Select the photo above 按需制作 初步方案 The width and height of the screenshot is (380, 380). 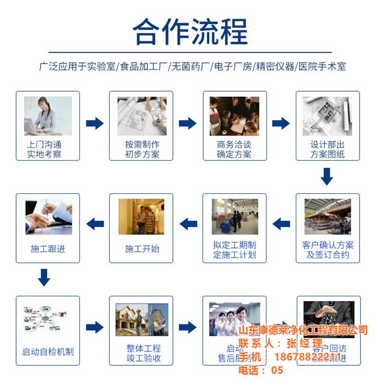click(142, 116)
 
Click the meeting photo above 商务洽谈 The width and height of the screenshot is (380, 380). click(235, 116)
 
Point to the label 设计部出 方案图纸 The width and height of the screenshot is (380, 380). click(328, 149)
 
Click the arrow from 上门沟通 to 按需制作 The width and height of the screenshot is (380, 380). click(95, 123)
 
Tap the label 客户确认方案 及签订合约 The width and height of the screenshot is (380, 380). click(328, 250)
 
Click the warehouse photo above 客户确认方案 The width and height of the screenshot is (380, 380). click(328, 217)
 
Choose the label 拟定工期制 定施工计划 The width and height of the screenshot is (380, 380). click(235, 250)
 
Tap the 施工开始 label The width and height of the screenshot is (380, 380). click(142, 249)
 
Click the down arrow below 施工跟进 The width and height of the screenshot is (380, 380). click(44, 277)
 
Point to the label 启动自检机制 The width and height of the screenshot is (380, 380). click(48, 352)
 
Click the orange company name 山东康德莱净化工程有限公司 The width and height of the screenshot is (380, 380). click(303, 330)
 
